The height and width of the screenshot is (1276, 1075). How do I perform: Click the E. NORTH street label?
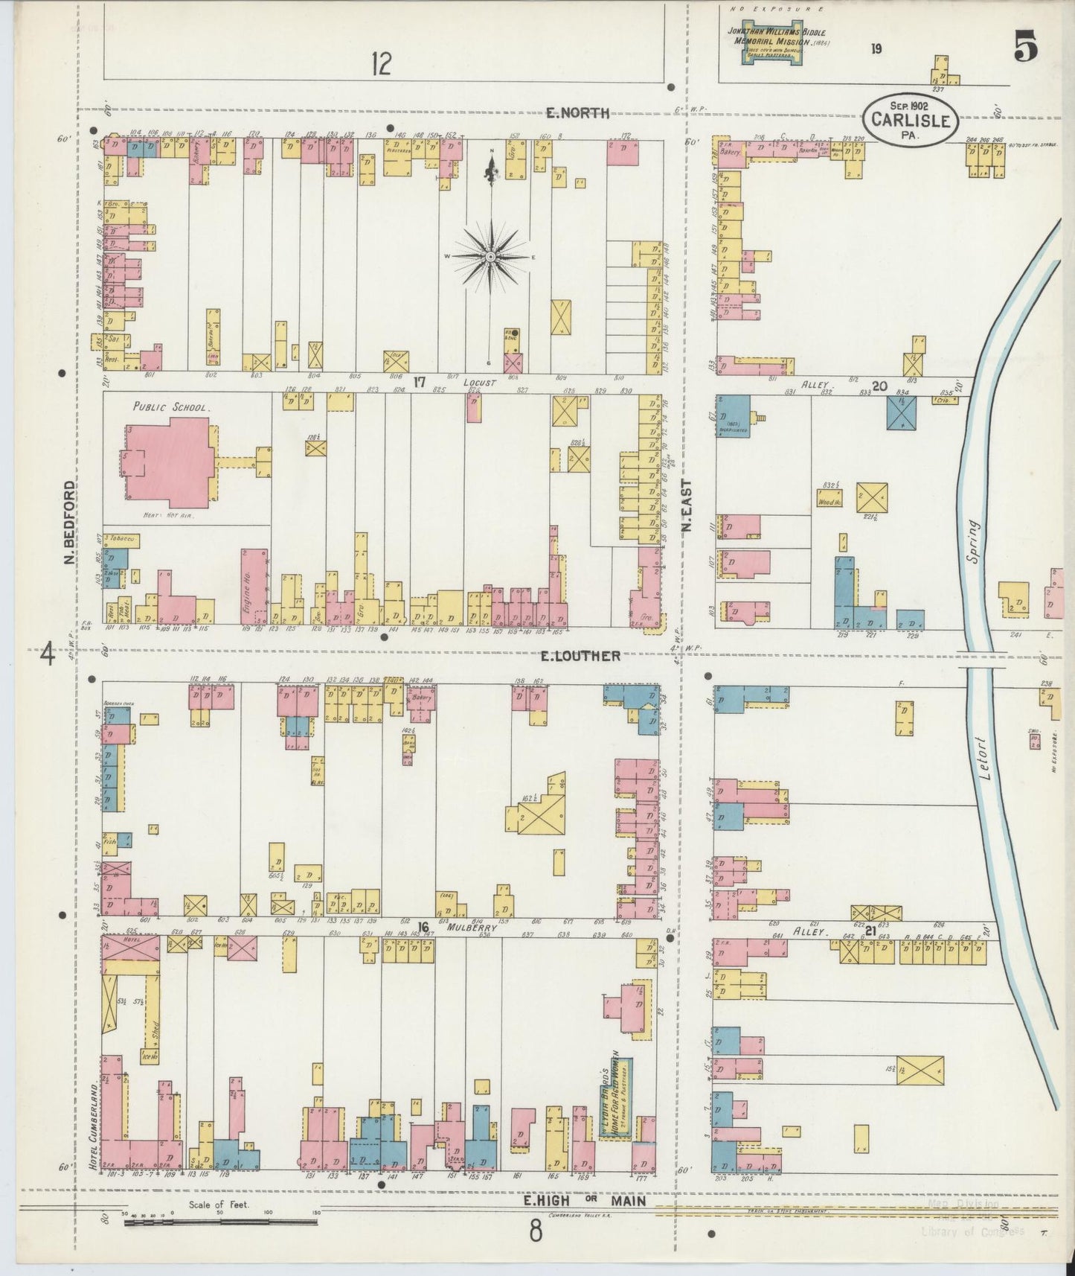(x=577, y=113)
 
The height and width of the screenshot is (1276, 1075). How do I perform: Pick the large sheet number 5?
(x=1024, y=50)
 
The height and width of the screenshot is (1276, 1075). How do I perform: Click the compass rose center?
(x=490, y=256)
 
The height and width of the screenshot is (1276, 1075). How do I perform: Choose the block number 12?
(x=381, y=65)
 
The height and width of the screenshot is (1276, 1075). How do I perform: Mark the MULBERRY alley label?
(x=472, y=928)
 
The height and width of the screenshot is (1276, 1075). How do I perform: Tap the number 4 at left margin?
(x=48, y=655)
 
